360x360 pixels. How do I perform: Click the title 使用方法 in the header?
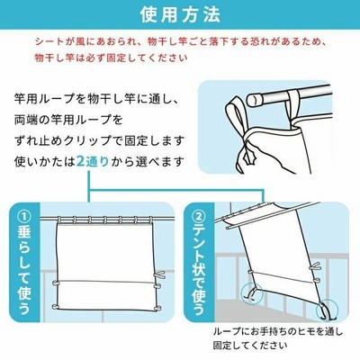[180, 14]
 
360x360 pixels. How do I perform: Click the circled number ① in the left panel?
[24, 216]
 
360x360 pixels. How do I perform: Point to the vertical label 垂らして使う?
[24, 270]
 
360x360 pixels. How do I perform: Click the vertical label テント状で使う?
[199, 270]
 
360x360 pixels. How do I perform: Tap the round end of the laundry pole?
[254, 99]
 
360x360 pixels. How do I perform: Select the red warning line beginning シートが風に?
[180, 41]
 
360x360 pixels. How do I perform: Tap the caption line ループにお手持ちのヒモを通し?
[277, 332]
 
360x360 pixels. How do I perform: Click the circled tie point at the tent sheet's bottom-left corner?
[252, 292]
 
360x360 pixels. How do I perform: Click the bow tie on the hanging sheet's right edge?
[159, 275]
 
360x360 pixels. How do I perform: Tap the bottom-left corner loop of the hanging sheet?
[56, 307]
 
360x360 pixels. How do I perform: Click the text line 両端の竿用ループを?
[68, 121]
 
